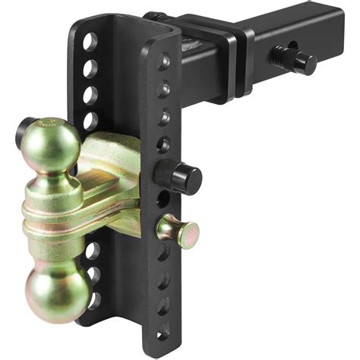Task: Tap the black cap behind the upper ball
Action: pos(24,130)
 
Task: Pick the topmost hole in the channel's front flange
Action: pos(90,41)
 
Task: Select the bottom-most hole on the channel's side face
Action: pos(164,331)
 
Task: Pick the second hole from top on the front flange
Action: pos(90,68)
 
